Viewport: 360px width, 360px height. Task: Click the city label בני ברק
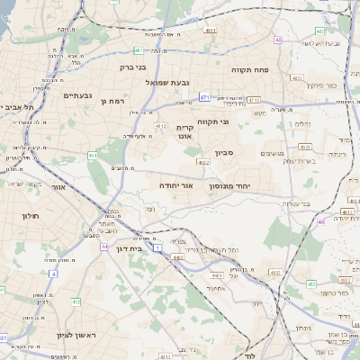coord(133,66)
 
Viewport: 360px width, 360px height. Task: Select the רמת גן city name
coord(117,102)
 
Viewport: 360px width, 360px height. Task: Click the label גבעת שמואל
coord(167,83)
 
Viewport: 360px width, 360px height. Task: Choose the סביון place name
coord(224,153)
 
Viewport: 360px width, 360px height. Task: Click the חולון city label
coord(25,217)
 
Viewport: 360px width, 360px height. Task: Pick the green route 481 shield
coord(138,50)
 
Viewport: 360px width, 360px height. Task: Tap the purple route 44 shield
coord(105,246)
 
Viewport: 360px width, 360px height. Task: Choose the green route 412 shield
coord(76,301)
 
